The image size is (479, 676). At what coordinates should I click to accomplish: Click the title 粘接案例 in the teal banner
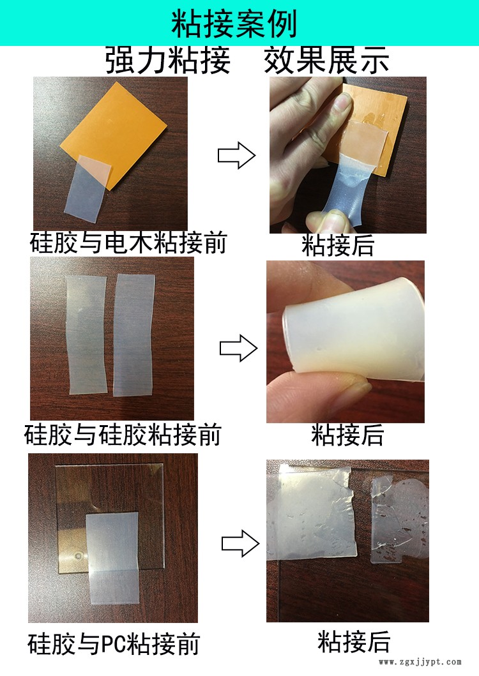[x=234, y=24]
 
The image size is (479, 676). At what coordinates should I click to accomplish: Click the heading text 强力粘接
[x=168, y=60]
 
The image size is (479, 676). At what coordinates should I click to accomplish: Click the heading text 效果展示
[x=326, y=60]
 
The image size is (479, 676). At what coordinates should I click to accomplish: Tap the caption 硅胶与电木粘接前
[x=128, y=243]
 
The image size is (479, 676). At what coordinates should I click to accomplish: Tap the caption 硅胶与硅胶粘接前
[x=123, y=435]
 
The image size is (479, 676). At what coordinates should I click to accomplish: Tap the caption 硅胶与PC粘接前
[x=114, y=644]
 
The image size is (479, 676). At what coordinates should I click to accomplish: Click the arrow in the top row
[x=236, y=155]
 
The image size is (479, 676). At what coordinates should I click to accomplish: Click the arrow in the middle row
[x=239, y=348]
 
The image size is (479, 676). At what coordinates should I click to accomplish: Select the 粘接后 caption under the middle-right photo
[x=348, y=435]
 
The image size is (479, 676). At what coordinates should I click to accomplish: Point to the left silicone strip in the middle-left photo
[x=87, y=335]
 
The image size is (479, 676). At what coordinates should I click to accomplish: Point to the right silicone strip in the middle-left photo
[x=133, y=335]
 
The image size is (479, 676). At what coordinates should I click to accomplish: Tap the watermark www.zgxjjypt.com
[x=420, y=662]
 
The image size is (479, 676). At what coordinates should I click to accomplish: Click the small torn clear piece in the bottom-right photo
[x=399, y=520]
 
